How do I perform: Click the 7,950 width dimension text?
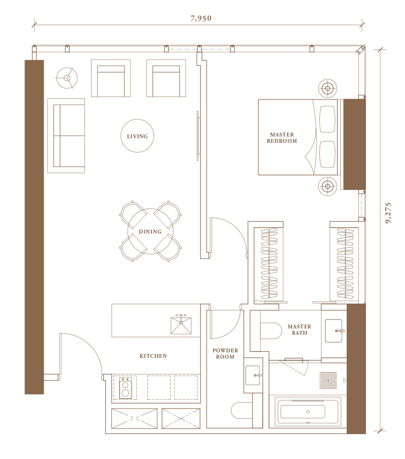coord(201,18)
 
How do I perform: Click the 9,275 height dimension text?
coord(388,213)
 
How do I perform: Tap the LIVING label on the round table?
coord(137,136)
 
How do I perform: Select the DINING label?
coord(150,231)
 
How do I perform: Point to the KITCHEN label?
coord(153,356)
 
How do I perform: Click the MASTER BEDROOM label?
coord(282,138)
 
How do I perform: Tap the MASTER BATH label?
coord(299,330)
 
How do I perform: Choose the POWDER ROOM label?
coord(225,354)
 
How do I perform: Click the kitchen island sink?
coord(181,324)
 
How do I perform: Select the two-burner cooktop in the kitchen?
coord(125,388)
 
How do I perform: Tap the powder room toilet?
coord(242,410)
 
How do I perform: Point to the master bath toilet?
coord(271,331)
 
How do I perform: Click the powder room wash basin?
coord(253,375)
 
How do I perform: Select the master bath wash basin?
coord(334,331)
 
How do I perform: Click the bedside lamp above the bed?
coord(327,88)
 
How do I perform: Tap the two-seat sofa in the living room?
coord(66,136)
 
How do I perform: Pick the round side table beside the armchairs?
coord(67,78)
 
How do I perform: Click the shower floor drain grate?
coord(328,380)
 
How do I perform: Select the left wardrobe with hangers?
coord(269,263)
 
